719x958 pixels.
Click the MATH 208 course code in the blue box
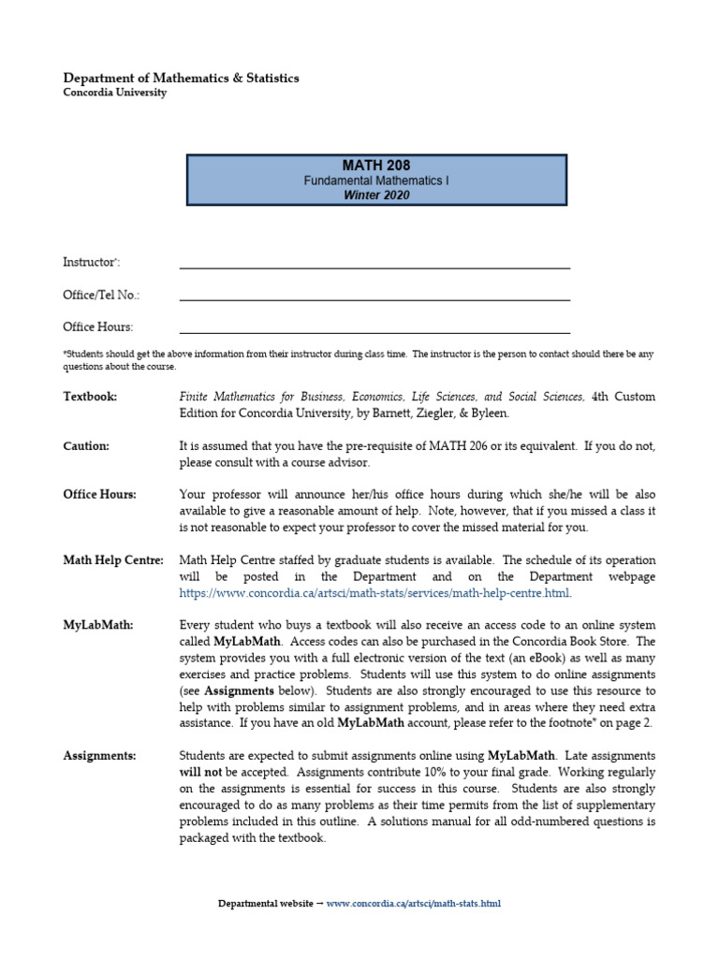[377, 166]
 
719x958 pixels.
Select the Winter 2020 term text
[377, 196]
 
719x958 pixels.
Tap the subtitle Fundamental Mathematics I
[377, 181]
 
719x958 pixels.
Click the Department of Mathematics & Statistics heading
[181, 78]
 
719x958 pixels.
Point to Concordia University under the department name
[115, 93]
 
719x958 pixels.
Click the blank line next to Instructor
[374, 266]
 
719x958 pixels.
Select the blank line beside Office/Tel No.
[374, 298]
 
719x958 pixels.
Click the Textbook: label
[90, 397]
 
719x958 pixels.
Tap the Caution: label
[86, 446]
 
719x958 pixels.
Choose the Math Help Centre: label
[113, 560]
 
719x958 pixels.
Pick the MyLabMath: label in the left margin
[97, 625]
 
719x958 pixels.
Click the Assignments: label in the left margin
[99, 755]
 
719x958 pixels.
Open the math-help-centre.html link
[374, 593]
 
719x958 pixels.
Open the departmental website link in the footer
[413, 904]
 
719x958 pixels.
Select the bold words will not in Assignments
[199, 772]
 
